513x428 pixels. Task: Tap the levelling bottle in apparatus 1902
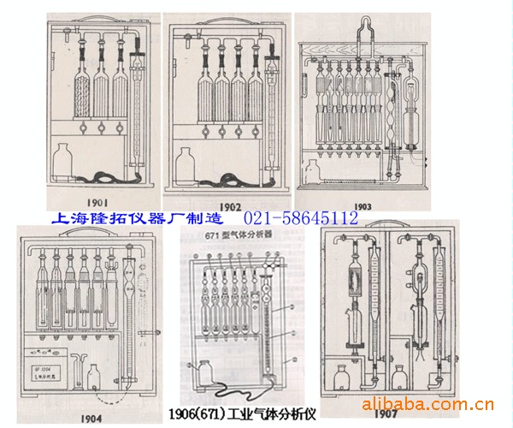pyautogui.click(x=186, y=163)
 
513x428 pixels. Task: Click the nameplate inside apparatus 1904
pyautogui.click(x=47, y=370)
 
